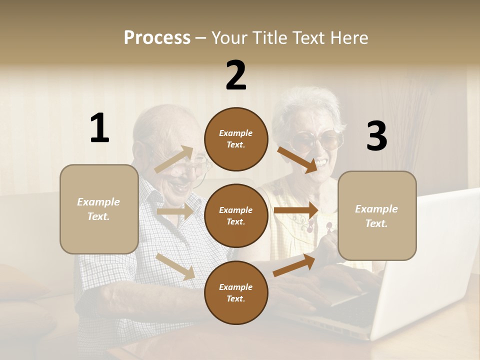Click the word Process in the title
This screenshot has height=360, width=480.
click(157, 37)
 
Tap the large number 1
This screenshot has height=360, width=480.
click(99, 128)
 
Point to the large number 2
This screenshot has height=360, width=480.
click(236, 75)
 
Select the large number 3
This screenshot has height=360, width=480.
click(376, 136)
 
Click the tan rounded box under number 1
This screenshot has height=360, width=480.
click(99, 209)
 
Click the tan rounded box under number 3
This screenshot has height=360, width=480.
click(377, 215)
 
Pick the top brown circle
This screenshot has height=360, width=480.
click(236, 138)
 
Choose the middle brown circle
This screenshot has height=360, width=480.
click(236, 215)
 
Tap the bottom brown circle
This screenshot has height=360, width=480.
click(236, 292)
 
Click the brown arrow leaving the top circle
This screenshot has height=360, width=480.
click(297, 159)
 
